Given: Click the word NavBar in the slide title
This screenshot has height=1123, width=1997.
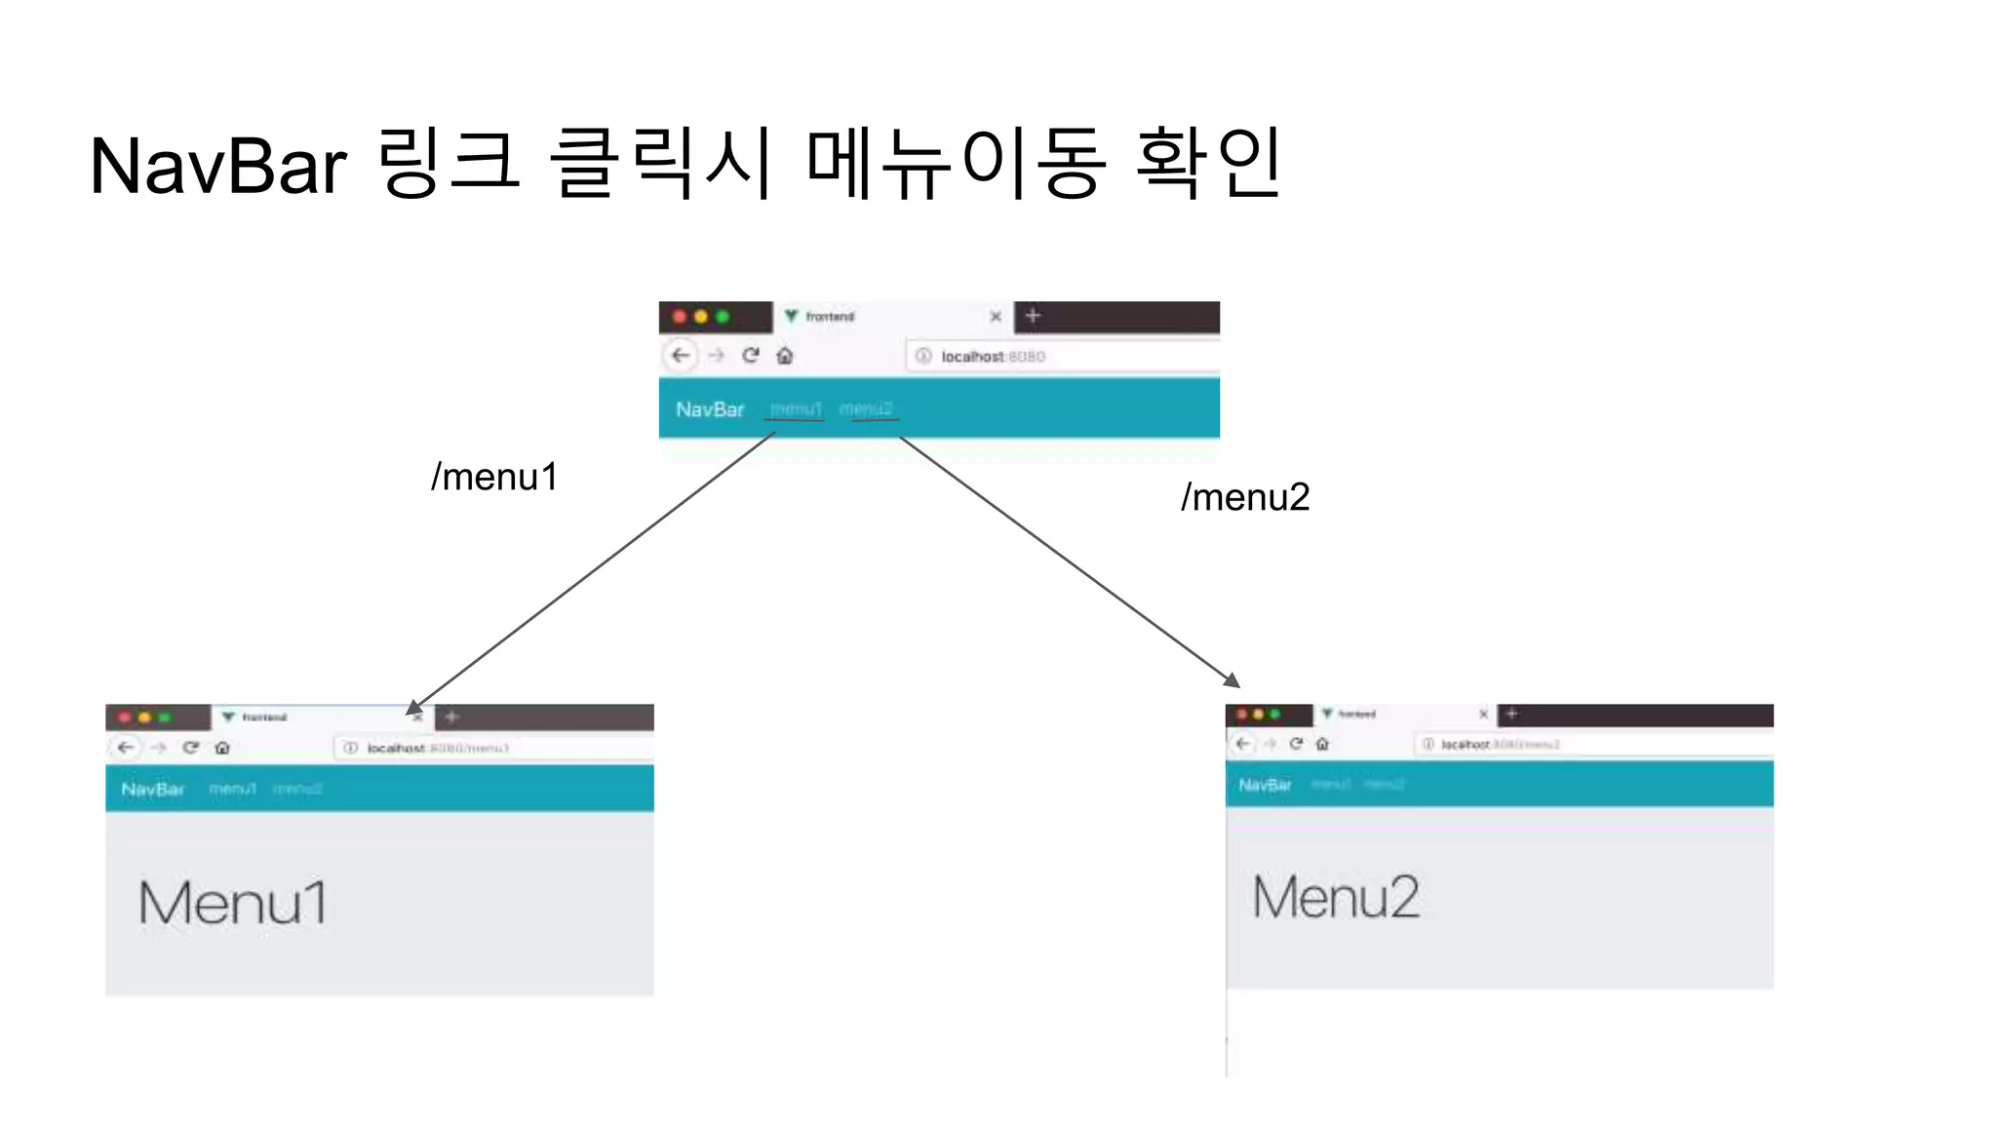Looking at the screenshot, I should pyautogui.click(x=217, y=166).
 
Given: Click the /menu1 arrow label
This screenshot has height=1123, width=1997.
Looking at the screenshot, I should pyautogui.click(x=494, y=477).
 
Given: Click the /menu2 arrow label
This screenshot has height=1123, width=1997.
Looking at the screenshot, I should pyautogui.click(x=1245, y=497).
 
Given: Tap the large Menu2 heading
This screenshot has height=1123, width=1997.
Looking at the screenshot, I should pyautogui.click(x=1336, y=897).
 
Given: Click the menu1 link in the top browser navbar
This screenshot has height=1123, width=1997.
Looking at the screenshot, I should pyautogui.click(x=796, y=409).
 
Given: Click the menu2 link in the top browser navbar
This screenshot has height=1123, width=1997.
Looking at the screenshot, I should pyautogui.click(x=866, y=409).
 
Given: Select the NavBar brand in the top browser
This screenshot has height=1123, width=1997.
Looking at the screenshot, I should pyautogui.click(x=710, y=409).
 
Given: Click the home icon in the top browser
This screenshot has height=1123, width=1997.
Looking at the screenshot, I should pyautogui.click(x=785, y=356).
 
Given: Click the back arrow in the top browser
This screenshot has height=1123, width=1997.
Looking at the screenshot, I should pyautogui.click(x=681, y=355).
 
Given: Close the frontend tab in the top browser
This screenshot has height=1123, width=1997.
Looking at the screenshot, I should pyautogui.click(x=996, y=317).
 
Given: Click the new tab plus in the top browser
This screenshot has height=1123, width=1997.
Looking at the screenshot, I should pyautogui.click(x=1034, y=316).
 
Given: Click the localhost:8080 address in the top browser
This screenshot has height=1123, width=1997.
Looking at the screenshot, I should pyautogui.click(x=993, y=357).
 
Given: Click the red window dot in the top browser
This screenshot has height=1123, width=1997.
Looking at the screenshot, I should pyautogui.click(x=680, y=317).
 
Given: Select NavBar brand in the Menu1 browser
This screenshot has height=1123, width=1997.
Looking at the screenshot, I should pyautogui.click(x=153, y=789).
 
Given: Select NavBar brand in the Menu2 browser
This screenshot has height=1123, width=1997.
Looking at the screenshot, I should pyautogui.click(x=1265, y=785).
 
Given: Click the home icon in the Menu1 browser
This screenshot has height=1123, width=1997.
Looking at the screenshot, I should pyautogui.click(x=222, y=748).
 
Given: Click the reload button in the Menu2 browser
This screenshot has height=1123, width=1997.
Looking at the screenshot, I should pyautogui.click(x=1296, y=744).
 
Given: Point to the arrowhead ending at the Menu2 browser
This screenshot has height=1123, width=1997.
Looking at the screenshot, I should pyautogui.click(x=1233, y=680).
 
